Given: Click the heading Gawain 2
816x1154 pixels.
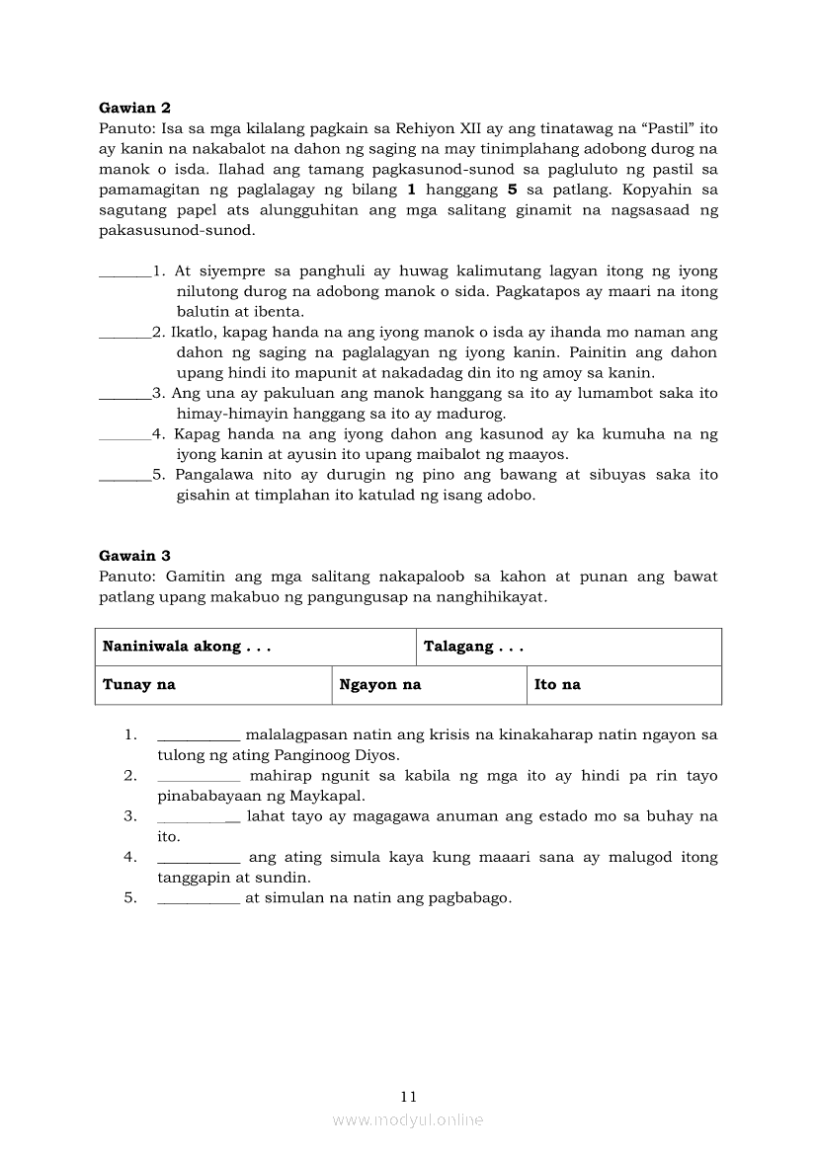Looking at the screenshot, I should tap(135, 108).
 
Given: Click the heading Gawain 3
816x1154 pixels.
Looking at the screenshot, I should tap(135, 556).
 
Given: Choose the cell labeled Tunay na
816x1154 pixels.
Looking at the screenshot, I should tap(139, 684).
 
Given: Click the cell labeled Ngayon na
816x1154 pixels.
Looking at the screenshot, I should tap(380, 684).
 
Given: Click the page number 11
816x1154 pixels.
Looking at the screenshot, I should tap(409, 1096).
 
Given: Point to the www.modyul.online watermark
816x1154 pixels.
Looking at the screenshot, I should tap(408, 1119).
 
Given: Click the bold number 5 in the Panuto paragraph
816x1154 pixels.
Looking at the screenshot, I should tap(512, 190).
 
